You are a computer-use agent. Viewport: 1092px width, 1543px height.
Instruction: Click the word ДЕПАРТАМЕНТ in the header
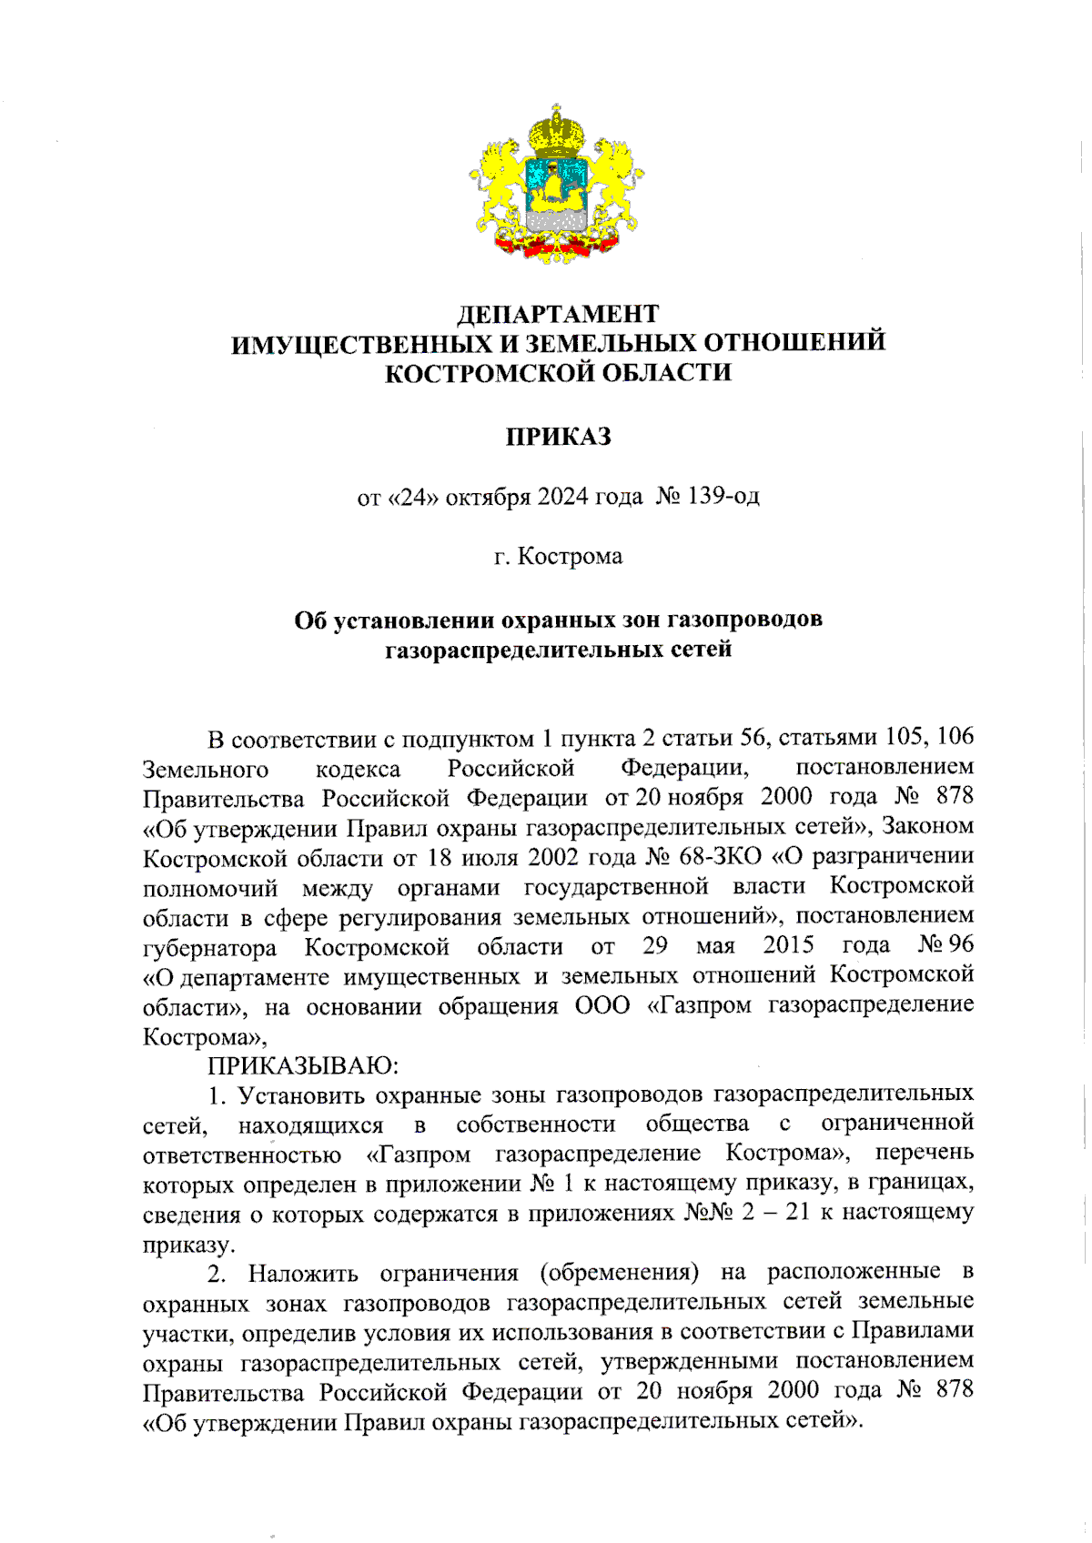coord(557,314)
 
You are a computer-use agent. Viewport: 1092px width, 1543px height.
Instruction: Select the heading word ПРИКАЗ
coord(558,437)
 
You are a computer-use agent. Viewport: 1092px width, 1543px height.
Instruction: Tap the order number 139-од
coord(724,497)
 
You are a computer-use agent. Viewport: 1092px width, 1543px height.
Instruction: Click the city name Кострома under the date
coord(571,556)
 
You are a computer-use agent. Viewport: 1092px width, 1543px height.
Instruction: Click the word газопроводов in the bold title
coord(744,620)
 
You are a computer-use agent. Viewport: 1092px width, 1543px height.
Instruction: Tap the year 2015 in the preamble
coord(788,945)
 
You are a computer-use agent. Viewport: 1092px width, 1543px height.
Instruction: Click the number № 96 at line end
coord(945,945)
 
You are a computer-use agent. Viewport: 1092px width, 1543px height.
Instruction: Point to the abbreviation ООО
coord(602,1005)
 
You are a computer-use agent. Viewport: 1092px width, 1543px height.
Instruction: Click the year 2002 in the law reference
coord(552,856)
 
